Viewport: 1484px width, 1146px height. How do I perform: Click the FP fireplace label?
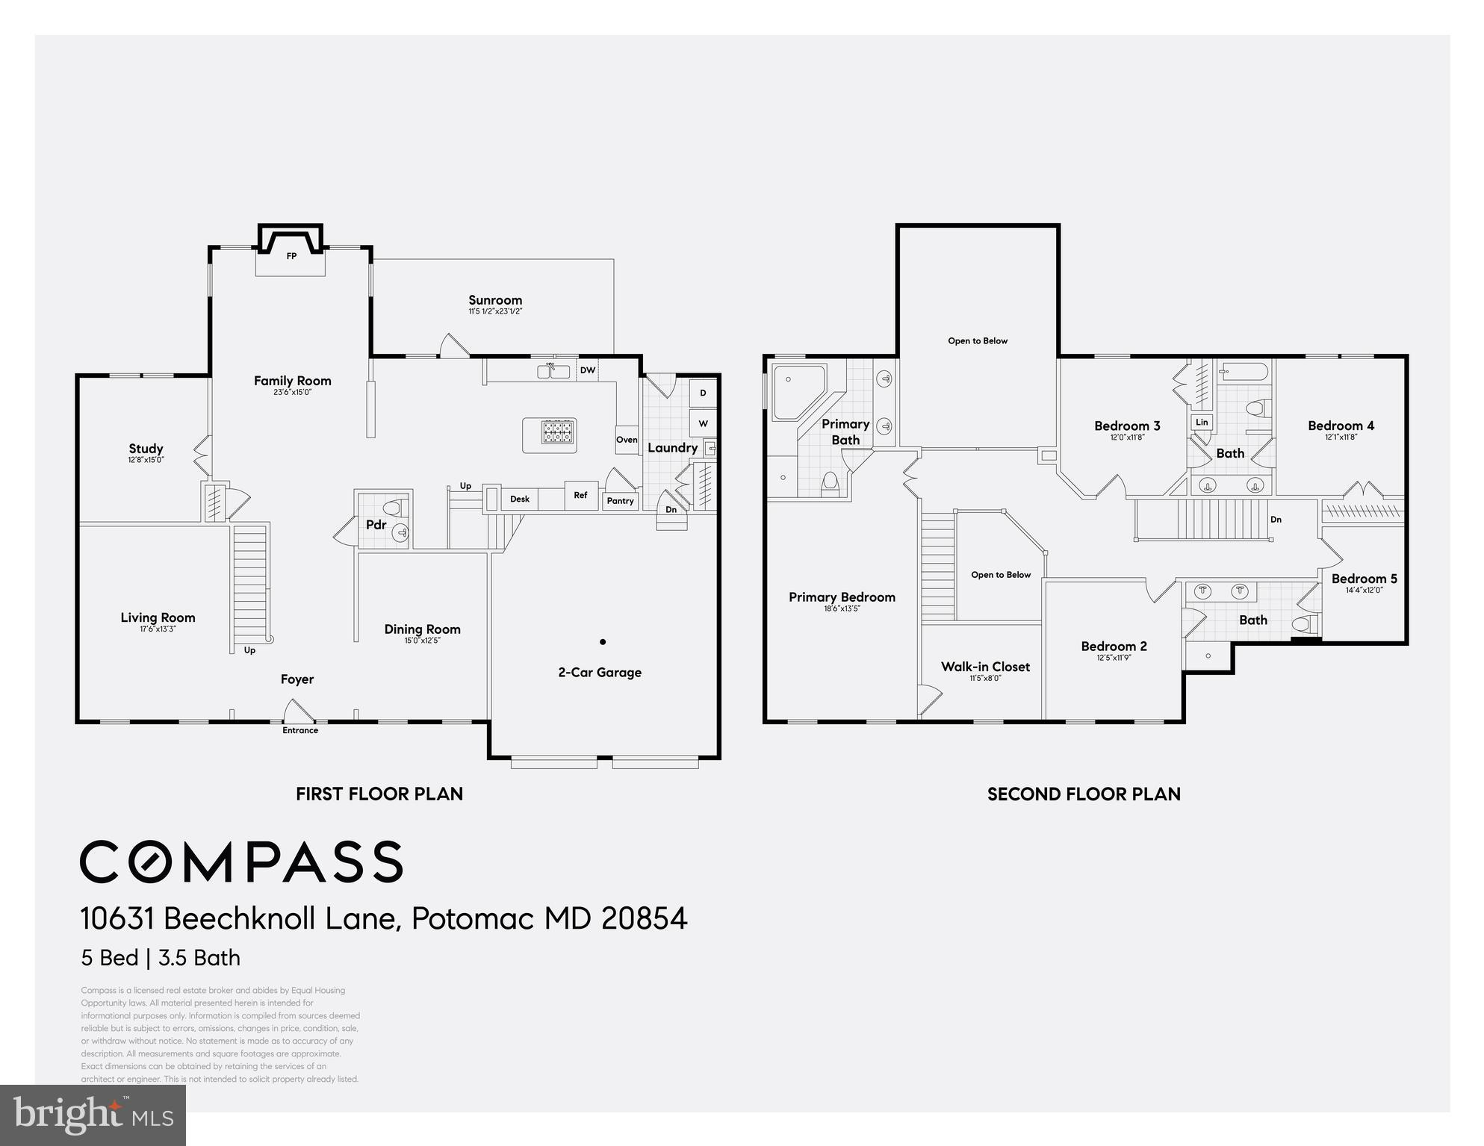coord(291,256)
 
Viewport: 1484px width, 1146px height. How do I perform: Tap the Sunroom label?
coord(495,300)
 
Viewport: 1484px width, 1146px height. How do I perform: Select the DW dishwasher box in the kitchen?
coord(587,370)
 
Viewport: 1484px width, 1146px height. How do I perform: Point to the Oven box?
coord(627,440)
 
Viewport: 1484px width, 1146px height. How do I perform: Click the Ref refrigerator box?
coord(580,495)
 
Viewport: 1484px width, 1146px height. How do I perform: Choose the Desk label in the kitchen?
coord(520,499)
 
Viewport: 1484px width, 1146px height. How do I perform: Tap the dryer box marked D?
coord(703,393)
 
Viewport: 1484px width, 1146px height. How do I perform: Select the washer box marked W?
coord(703,423)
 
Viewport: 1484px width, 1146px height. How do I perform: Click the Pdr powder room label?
coord(376,525)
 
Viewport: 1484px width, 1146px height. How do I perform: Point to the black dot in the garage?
coord(603,641)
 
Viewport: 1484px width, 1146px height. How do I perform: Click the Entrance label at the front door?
coord(300,730)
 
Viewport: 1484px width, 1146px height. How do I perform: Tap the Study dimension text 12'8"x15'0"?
coord(146,460)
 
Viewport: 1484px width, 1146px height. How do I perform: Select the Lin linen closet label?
coord(1202,422)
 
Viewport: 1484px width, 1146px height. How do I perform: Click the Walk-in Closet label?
coord(985,667)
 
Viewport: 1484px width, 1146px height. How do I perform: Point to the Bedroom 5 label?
coord(1364,579)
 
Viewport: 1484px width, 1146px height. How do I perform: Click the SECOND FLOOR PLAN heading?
coord(1084,794)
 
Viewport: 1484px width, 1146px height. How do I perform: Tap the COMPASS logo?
coord(241,862)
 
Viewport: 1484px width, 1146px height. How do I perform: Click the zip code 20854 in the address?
coord(644,918)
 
